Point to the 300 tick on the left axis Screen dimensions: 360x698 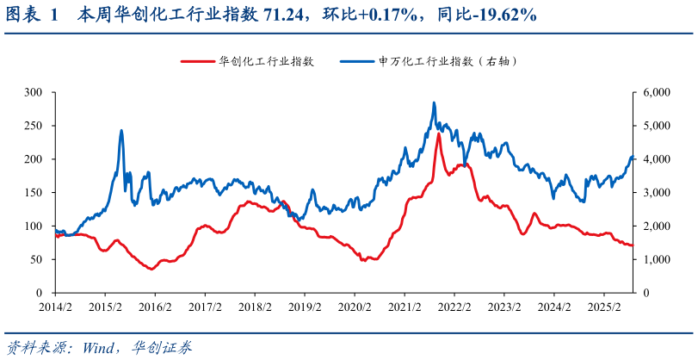click(34, 91)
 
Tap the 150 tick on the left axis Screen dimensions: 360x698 click(34, 192)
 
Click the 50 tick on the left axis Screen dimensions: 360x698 click(36, 259)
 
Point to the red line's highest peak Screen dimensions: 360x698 click(439, 133)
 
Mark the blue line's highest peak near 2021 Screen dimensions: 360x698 click(434, 102)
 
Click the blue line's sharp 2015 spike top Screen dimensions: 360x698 click(121, 130)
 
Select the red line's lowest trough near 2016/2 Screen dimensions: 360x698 click(151, 270)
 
